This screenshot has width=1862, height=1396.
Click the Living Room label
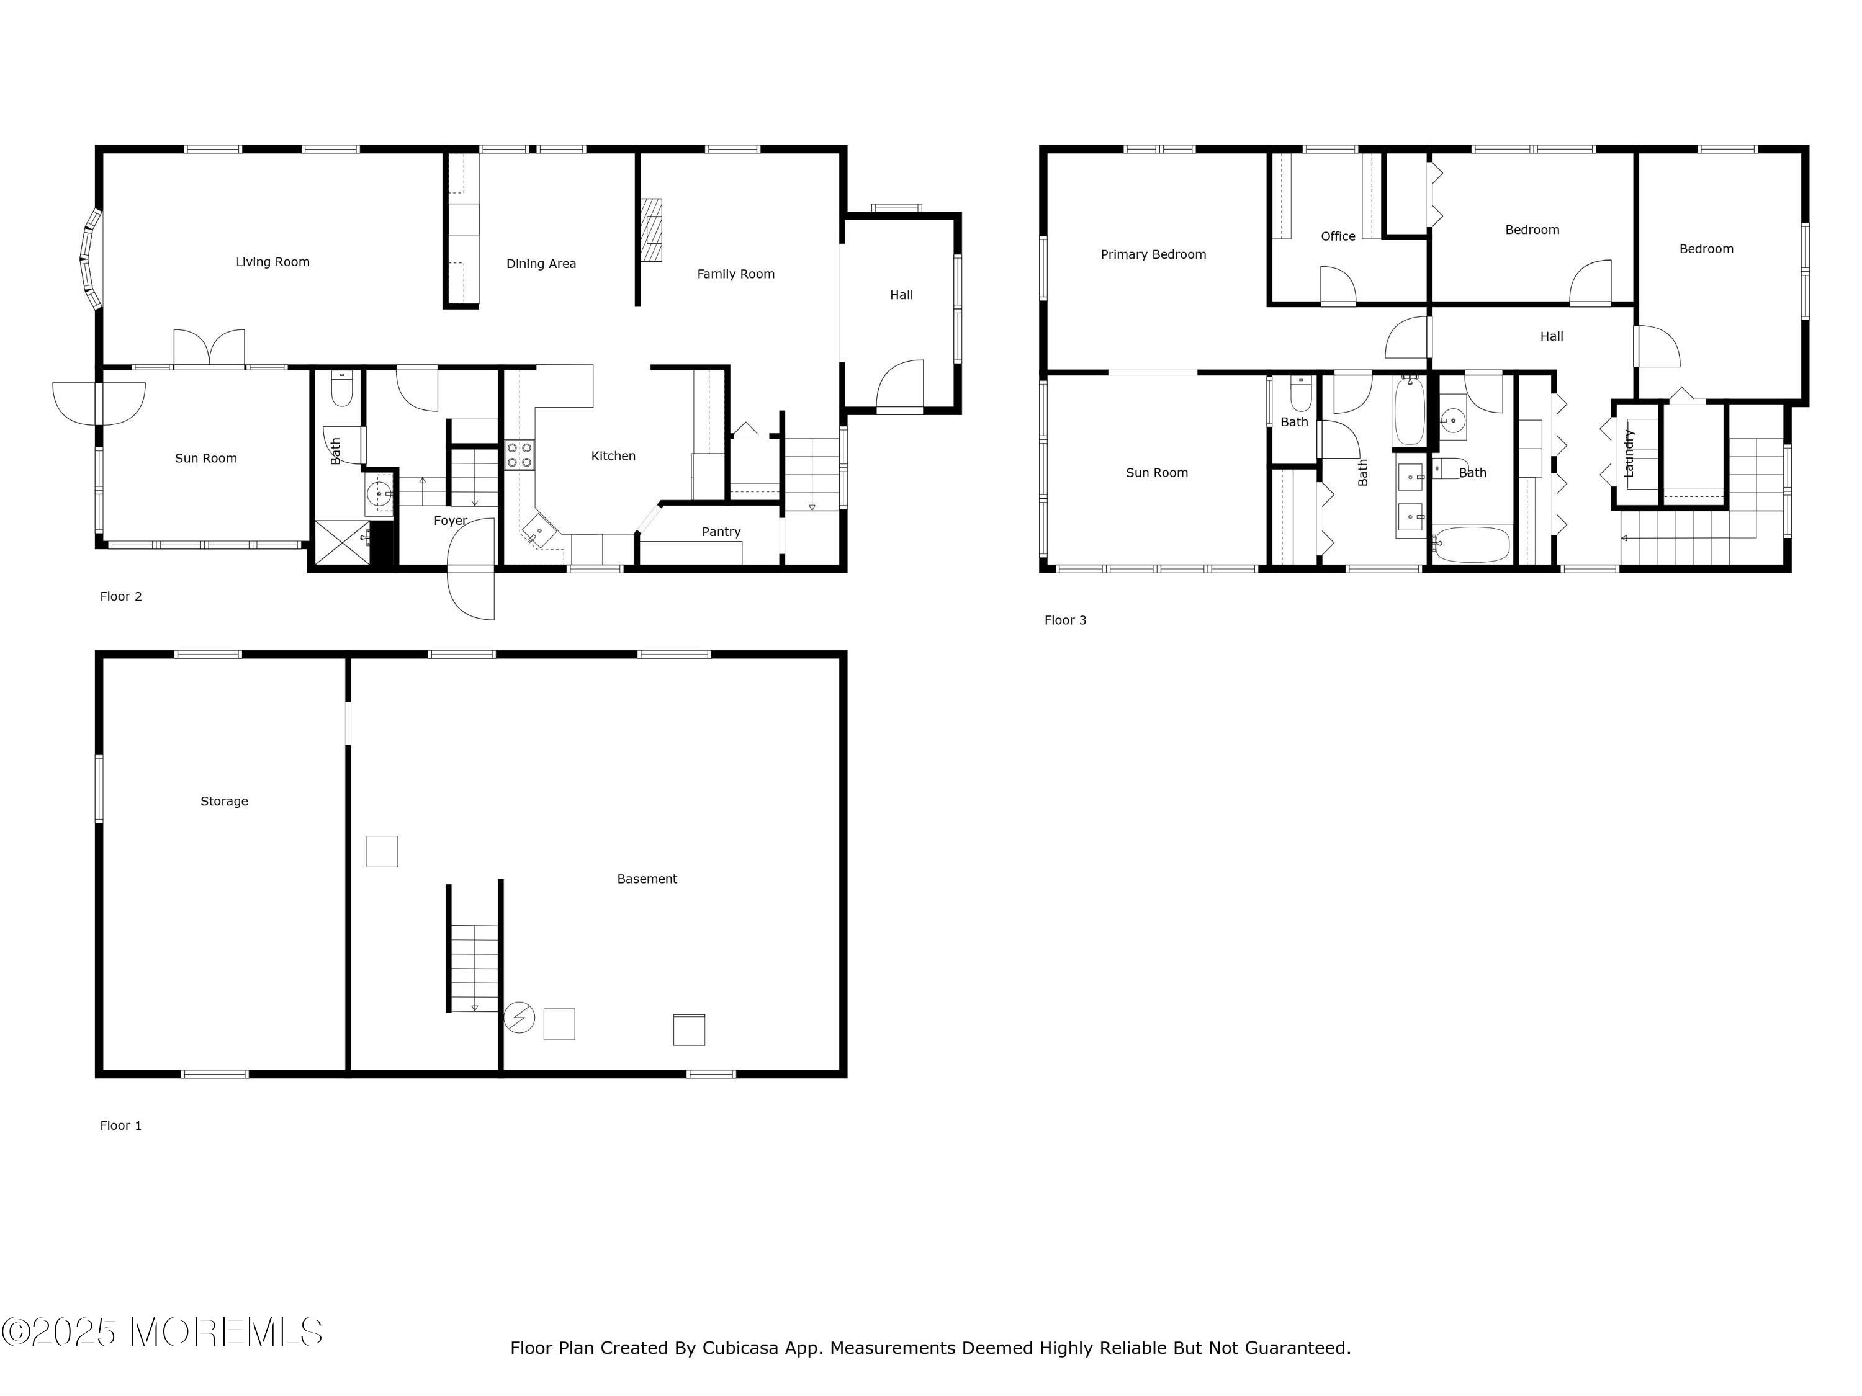[x=272, y=262]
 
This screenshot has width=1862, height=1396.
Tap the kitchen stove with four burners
[x=519, y=455]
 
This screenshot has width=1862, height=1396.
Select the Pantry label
[x=721, y=532]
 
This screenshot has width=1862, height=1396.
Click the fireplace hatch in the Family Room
[x=650, y=231]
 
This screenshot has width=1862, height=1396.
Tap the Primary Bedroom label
[x=1153, y=254]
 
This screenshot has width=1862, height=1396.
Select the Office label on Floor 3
[x=1338, y=236]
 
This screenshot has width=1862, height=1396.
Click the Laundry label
[x=1628, y=454]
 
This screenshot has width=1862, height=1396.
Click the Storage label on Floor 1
[x=224, y=801]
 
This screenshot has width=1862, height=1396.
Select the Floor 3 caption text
[x=1065, y=620]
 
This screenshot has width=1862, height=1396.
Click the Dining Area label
[x=541, y=264]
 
